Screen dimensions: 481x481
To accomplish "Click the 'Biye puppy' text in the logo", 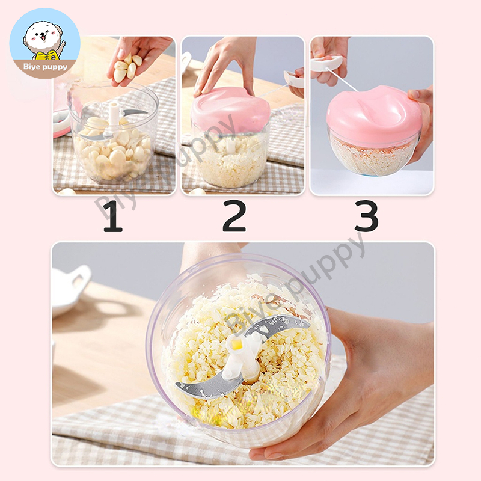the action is point(45,67).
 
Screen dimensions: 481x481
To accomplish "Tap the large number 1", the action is point(112,216).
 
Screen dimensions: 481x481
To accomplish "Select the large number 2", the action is point(234,216).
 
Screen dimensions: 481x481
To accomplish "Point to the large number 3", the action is point(367,216).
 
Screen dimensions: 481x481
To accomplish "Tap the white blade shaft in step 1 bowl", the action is point(114,114).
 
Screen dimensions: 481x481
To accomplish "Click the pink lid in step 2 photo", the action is point(231,109).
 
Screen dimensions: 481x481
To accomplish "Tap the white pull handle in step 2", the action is point(293,80).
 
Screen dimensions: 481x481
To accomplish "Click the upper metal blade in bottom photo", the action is point(278,325).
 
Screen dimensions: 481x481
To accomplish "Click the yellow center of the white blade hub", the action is point(237,344).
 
